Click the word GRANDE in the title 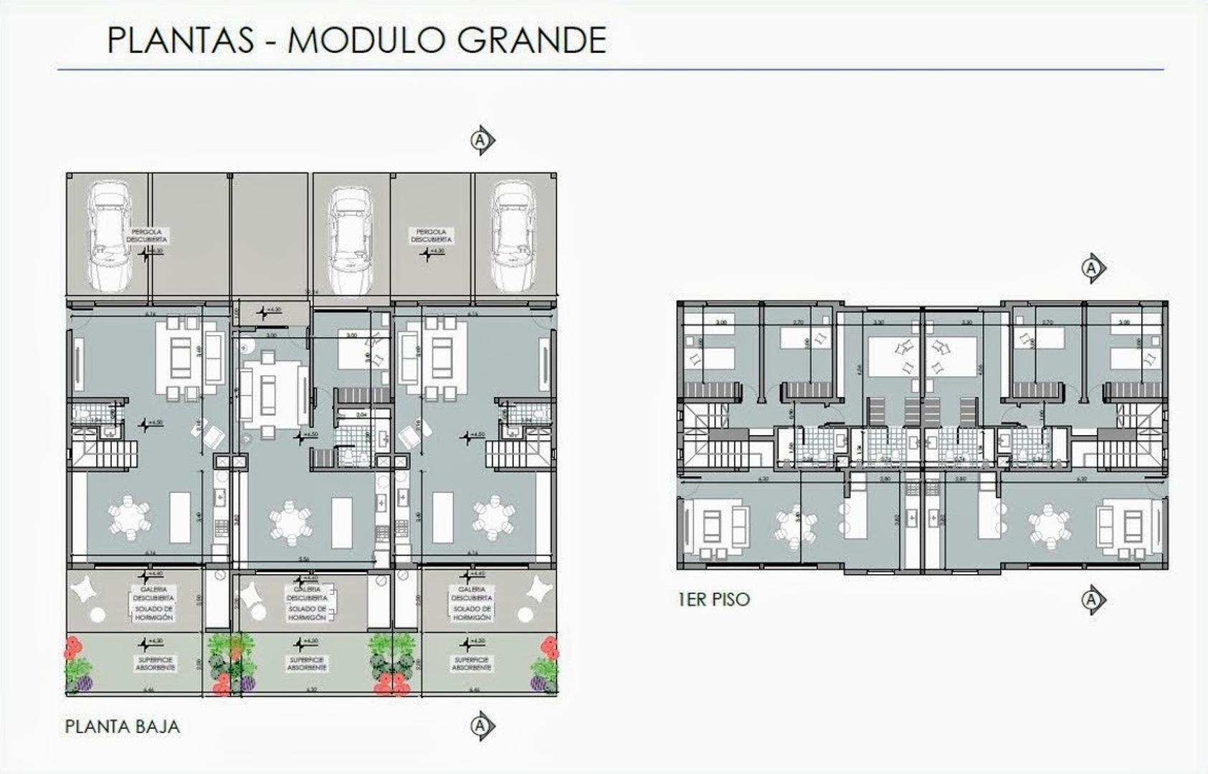click(x=532, y=40)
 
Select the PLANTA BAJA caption click(x=123, y=727)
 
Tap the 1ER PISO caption click(x=714, y=599)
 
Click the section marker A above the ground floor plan click(x=482, y=140)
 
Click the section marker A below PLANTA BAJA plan click(x=482, y=727)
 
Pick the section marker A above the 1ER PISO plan click(x=1091, y=268)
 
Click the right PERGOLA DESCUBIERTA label click(x=431, y=236)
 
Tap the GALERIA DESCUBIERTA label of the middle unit click(x=307, y=594)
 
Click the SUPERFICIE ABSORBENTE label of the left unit click(x=156, y=663)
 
